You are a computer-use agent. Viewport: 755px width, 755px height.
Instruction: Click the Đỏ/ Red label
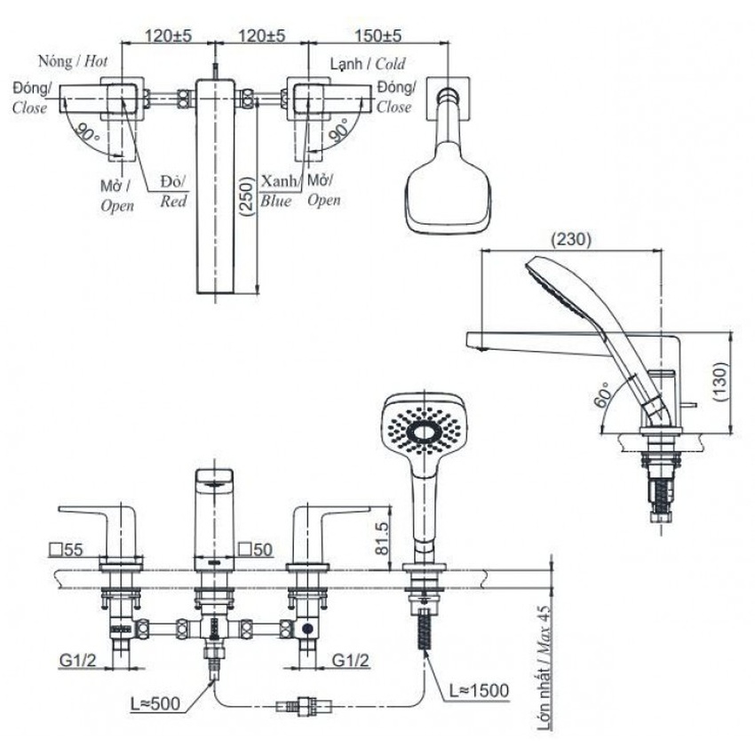pyautogui.click(x=173, y=191)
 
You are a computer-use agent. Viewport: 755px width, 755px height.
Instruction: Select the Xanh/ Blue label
pyautogui.click(x=276, y=191)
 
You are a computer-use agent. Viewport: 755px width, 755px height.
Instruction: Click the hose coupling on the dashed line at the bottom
pyautogui.click(x=305, y=708)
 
